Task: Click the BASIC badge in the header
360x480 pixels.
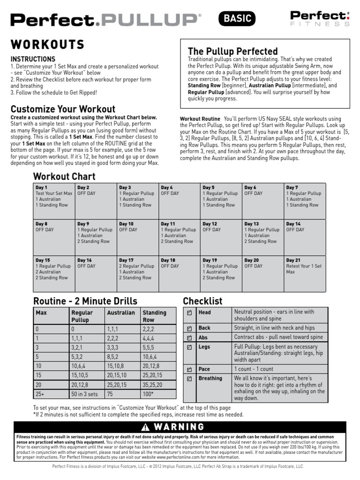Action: point(237,19)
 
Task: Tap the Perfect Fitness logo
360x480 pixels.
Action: point(319,19)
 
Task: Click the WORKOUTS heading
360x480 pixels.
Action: point(47,45)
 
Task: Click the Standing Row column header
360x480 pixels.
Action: point(155,315)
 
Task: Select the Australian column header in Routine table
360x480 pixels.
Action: point(121,313)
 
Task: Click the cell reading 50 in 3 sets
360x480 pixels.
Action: point(86,394)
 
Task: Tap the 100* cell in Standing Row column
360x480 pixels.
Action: point(149,394)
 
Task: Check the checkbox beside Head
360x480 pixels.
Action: point(189,313)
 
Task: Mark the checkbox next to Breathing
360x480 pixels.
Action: point(189,378)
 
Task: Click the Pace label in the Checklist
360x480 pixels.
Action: point(204,369)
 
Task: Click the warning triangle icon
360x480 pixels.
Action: point(146,427)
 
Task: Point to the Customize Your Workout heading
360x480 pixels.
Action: point(63,109)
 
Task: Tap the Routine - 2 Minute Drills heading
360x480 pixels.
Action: point(85,300)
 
